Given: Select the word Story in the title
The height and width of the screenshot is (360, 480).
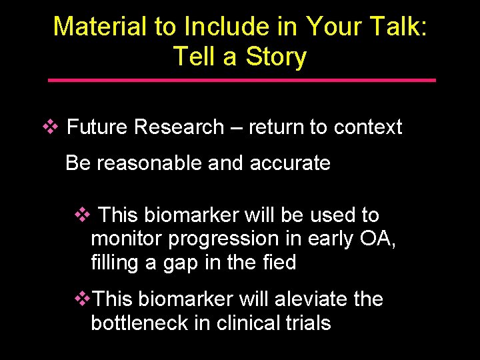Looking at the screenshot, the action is pyautogui.click(x=275, y=56).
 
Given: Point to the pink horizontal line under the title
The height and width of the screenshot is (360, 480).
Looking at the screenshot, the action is pyautogui.click(x=242, y=80).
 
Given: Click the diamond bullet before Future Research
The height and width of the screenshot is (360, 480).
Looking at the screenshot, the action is pyautogui.click(x=49, y=127).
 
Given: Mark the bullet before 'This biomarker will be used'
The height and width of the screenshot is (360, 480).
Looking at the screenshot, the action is pyautogui.click(x=81, y=215).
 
